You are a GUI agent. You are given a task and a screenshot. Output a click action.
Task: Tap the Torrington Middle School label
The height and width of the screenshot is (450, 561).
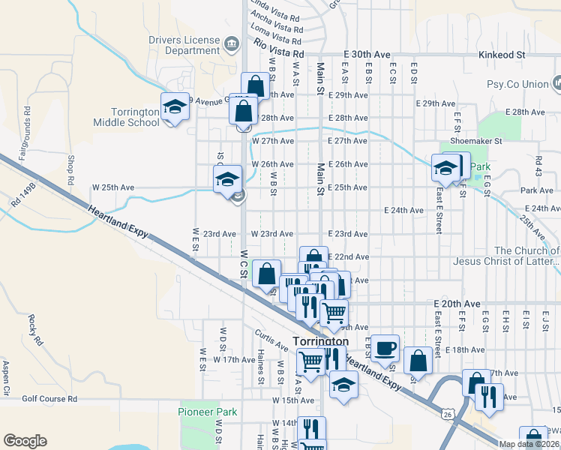(x=126, y=117)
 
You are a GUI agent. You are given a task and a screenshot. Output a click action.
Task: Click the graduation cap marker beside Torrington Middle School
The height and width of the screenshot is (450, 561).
(x=175, y=106)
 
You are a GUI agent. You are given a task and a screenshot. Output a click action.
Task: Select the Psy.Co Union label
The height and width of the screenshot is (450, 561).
(x=517, y=84)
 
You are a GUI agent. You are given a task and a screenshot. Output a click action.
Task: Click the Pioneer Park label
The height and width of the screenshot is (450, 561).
(x=208, y=412)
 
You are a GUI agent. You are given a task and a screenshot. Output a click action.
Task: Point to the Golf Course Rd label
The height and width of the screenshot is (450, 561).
(x=49, y=400)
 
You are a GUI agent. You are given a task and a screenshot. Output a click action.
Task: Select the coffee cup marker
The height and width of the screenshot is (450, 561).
(x=385, y=347)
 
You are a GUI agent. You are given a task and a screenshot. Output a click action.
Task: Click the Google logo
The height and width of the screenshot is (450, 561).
(x=25, y=441)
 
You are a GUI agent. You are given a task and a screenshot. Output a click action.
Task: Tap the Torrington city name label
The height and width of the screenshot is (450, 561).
(x=320, y=341)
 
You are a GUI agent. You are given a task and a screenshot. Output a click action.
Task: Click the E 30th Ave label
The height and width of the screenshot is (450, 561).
(x=367, y=55)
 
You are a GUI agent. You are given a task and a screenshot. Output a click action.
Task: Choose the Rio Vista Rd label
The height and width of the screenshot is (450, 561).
(x=278, y=50)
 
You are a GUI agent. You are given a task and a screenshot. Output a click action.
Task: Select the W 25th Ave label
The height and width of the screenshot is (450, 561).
(x=112, y=187)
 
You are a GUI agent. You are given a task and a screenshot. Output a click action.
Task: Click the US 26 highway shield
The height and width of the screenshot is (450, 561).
(x=448, y=413)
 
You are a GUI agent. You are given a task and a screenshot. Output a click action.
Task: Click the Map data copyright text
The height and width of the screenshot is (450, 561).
(x=529, y=444)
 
